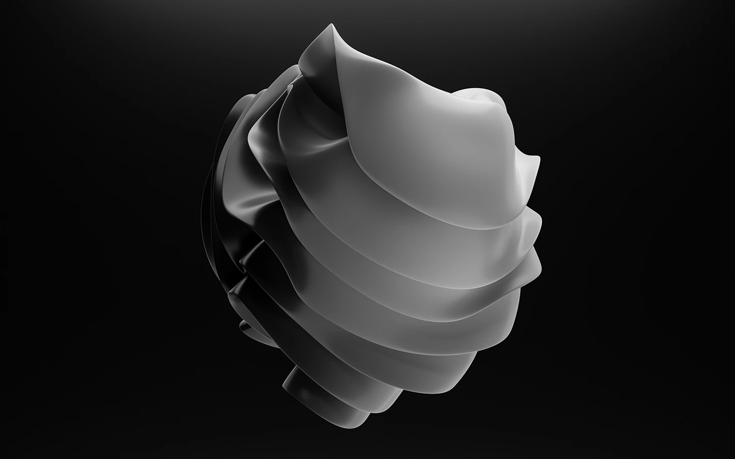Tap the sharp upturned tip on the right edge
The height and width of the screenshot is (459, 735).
click(536, 159)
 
